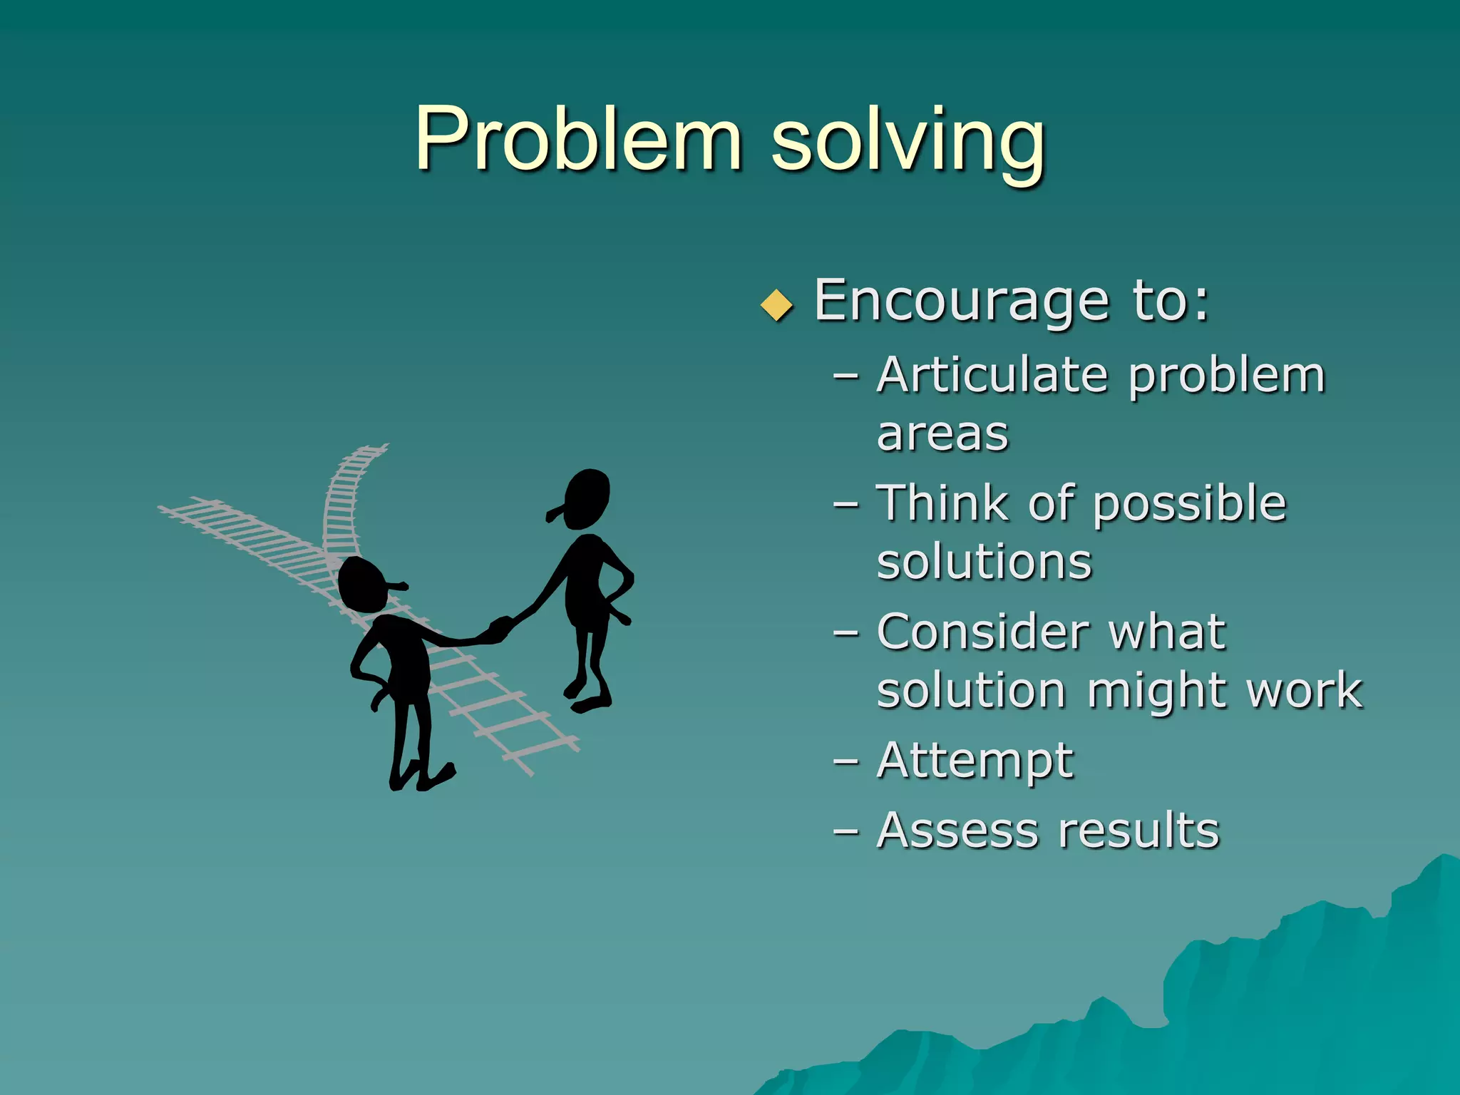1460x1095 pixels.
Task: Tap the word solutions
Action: tap(984, 562)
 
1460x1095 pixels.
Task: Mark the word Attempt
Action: tap(975, 761)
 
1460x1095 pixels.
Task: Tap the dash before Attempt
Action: tap(845, 761)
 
